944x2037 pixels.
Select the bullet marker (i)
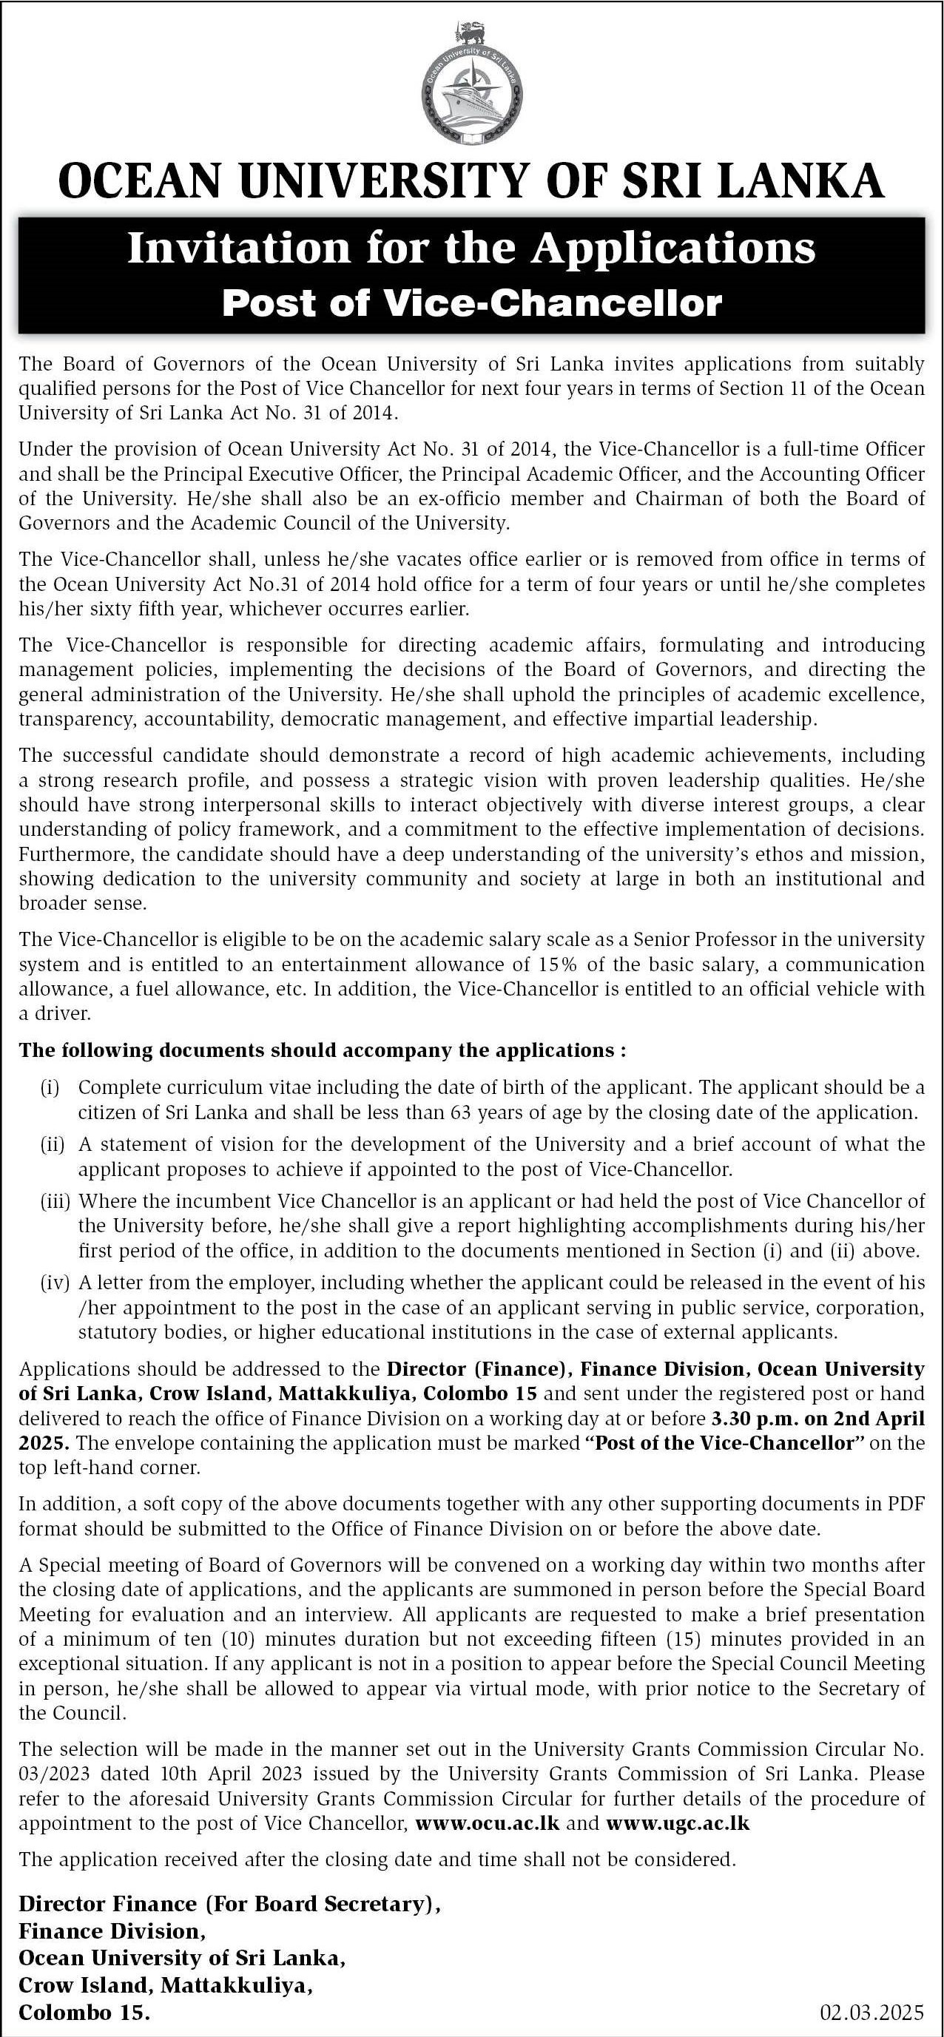[50, 1088]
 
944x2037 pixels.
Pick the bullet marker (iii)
[55, 1201]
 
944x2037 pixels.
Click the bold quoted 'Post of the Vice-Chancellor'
[724, 1442]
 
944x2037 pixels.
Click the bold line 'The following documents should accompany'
[322, 1051]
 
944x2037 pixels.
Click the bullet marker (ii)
[53, 1144]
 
